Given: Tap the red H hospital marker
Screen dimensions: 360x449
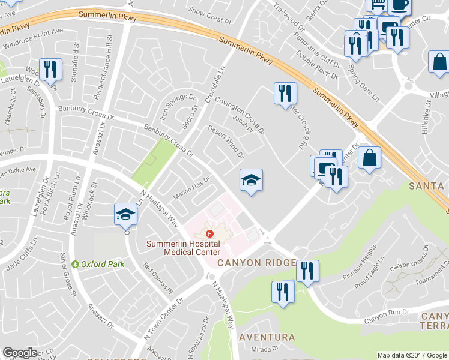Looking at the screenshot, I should (209, 234).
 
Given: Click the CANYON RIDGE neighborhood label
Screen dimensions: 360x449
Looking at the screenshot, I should (256, 263).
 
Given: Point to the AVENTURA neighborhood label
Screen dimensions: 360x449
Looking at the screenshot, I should (267, 337).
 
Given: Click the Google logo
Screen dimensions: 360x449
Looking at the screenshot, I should (20, 353).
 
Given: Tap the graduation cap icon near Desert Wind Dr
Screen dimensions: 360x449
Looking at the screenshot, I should (252, 179).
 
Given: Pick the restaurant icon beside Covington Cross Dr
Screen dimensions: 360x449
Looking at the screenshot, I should (285, 92).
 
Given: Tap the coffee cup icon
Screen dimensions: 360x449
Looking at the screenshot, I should (400, 5).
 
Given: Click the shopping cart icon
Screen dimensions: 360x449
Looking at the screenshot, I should (378, 5).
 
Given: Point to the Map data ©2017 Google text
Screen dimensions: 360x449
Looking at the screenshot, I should (411, 355).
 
